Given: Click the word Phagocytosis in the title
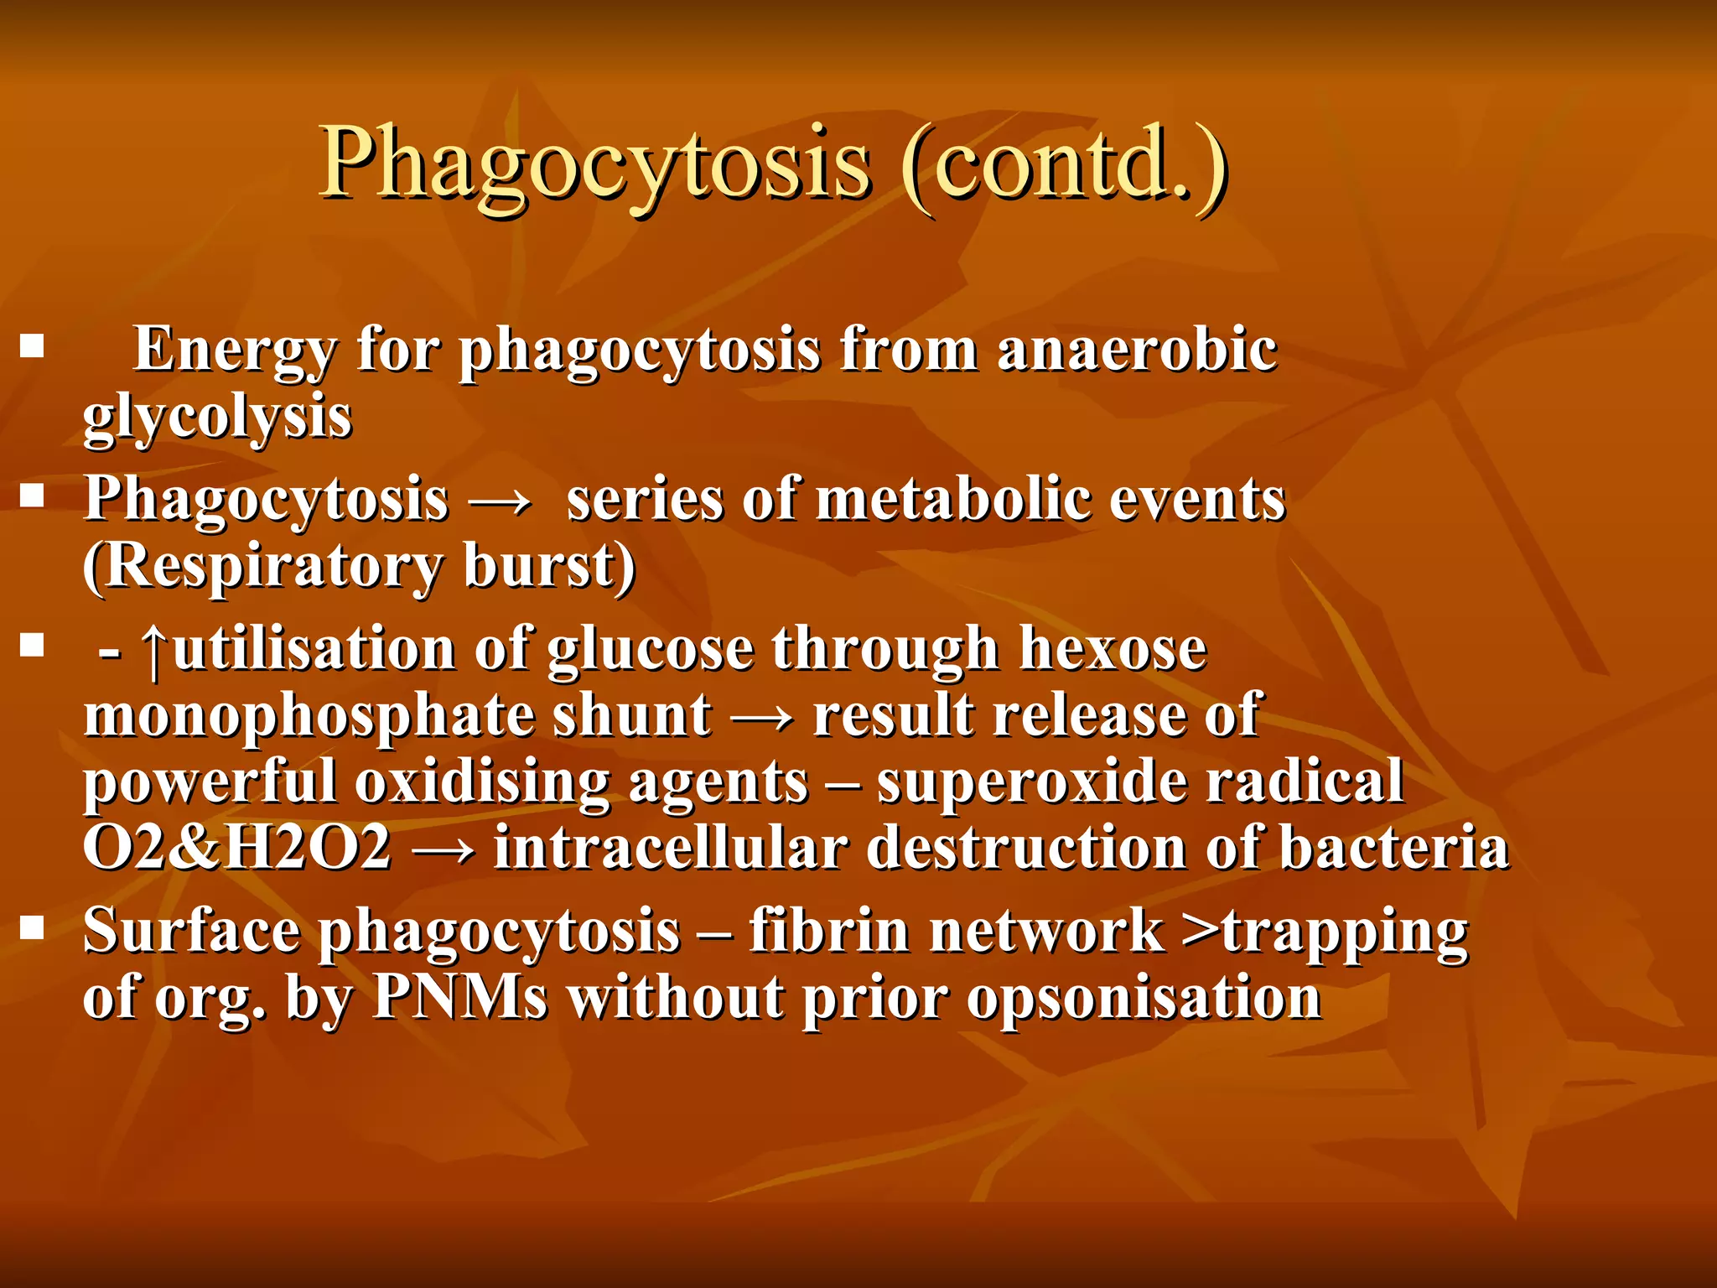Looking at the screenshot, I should pos(595,164).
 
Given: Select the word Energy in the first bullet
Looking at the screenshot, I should pos(235,351).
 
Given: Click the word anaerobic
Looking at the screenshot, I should pos(1137,349).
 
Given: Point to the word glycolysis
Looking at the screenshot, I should pos(217,418).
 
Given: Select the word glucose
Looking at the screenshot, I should pos(651,650).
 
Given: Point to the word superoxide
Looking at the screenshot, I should pos(1032,782).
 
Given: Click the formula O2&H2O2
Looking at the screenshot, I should pos(237,848).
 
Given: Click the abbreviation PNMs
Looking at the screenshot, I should pos(460,997).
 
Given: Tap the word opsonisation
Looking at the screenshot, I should pos(1144,999).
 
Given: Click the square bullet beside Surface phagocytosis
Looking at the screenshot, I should pos(33,927).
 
